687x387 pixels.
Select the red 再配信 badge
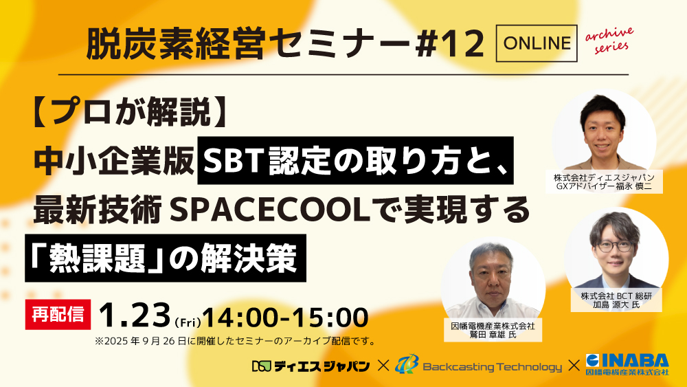[58, 313]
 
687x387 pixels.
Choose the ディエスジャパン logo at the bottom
[311, 366]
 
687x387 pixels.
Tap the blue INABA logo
[626, 364]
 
